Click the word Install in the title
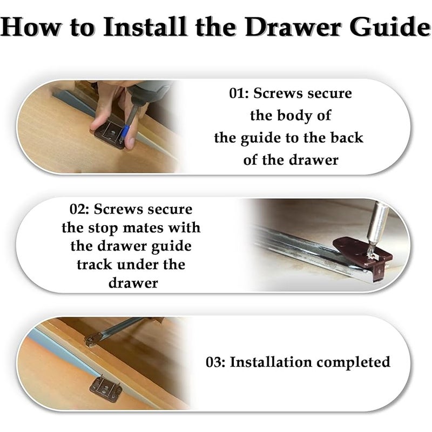145,26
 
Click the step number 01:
239,93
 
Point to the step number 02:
79,209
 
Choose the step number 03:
215,362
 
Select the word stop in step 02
103,228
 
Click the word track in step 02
94,265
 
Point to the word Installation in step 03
271,362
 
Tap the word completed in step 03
354,362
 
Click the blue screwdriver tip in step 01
125,132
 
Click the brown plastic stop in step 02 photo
363,255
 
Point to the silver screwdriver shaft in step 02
379,222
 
